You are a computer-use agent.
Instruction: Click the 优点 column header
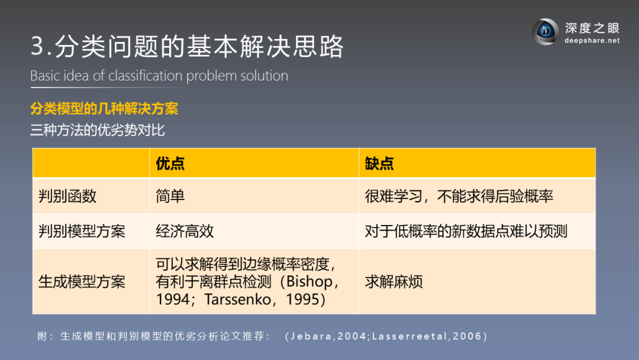pyautogui.click(x=170, y=163)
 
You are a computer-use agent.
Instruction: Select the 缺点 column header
pyautogui.click(x=379, y=163)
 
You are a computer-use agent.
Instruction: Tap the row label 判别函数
pyautogui.click(x=67, y=197)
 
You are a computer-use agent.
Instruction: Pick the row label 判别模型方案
pyautogui.click(x=82, y=232)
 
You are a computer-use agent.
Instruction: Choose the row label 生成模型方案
pyautogui.click(x=82, y=282)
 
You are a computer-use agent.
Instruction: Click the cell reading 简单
pyautogui.click(x=170, y=197)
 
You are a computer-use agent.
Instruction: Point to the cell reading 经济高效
pyautogui.click(x=185, y=232)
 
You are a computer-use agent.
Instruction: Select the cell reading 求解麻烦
pyautogui.click(x=393, y=282)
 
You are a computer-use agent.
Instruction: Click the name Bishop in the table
pyautogui.click(x=309, y=282)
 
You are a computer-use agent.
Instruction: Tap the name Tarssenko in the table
pyautogui.click(x=238, y=300)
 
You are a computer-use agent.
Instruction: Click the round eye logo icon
pyautogui.click(x=546, y=32)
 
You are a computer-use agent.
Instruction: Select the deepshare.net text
pyautogui.click(x=592, y=40)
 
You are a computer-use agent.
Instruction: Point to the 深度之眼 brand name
pyautogui.click(x=592, y=28)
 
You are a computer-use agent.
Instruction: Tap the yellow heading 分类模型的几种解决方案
pyautogui.click(x=104, y=109)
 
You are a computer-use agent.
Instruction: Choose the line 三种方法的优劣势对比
pyautogui.click(x=98, y=130)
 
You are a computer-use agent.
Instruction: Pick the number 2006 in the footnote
pyautogui.click(x=467, y=336)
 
